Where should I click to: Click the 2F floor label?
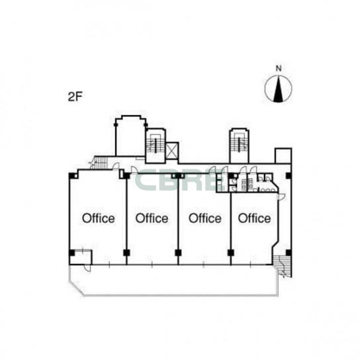75,97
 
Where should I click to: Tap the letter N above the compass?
279,68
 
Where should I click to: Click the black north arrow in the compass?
278,90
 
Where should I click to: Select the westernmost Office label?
99,218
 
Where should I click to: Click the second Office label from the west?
152,218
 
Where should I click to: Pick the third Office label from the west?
205,218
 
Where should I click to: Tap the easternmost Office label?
254,218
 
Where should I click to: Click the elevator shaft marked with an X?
172,151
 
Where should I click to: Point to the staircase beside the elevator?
156,146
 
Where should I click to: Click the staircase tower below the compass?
240,146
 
